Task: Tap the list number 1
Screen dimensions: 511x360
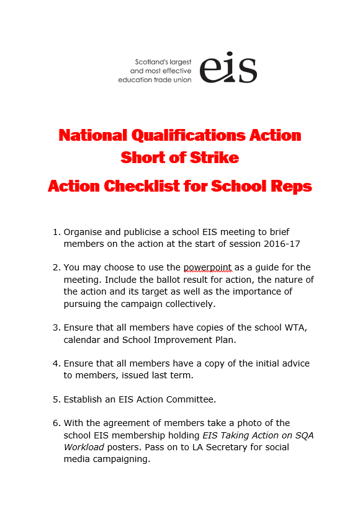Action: (56, 232)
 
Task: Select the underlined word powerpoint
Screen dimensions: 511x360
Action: (207, 267)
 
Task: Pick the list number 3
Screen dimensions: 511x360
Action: (56, 328)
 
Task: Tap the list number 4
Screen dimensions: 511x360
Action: (56, 363)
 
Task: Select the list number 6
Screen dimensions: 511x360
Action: (56, 423)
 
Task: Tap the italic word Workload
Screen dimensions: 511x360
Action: (88, 447)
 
